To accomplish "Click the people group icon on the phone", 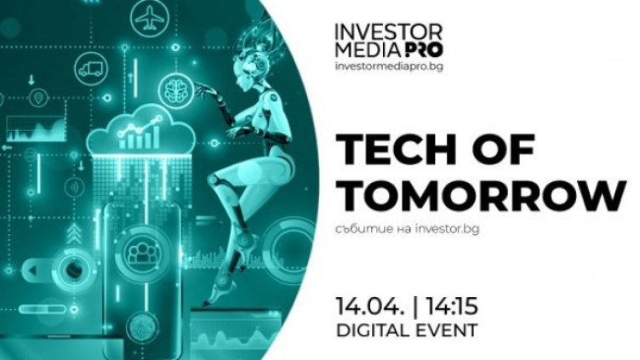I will pyautogui.click(x=139, y=252).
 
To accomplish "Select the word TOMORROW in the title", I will pyautogui.click(x=479, y=197).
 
